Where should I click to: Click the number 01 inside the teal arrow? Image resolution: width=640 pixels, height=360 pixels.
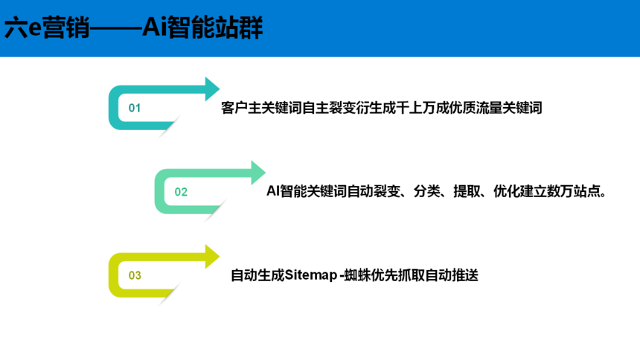click(x=135, y=108)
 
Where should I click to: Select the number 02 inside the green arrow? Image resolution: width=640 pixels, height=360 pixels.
click(x=181, y=192)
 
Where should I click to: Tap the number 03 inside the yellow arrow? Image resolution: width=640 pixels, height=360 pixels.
click(x=135, y=275)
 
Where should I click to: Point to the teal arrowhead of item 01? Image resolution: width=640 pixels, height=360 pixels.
click(x=212, y=89)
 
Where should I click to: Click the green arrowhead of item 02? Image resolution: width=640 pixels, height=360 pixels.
click(x=258, y=173)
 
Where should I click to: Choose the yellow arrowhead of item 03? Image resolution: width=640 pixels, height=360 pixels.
click(x=212, y=257)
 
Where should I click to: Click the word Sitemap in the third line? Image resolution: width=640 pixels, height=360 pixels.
click(x=311, y=275)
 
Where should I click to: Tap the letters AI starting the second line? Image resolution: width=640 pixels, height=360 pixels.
click(x=273, y=190)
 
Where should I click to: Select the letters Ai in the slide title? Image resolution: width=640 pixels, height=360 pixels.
click(x=154, y=28)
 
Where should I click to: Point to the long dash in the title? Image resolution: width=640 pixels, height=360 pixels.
click(x=115, y=28)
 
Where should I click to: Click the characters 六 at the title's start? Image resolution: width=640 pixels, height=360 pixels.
click(x=16, y=28)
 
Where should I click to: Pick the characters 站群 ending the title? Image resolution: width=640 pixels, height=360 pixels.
click(x=239, y=28)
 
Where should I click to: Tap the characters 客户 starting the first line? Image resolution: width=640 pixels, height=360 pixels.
click(x=234, y=108)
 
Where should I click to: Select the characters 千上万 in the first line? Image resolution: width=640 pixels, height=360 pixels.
click(x=416, y=108)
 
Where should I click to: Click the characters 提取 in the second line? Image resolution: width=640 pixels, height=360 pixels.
click(x=467, y=190)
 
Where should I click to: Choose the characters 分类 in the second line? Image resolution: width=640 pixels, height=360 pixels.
click(x=426, y=190)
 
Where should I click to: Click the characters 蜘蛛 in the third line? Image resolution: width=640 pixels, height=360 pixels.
click(x=358, y=275)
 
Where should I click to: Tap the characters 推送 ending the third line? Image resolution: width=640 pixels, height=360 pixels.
click(x=465, y=275)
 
